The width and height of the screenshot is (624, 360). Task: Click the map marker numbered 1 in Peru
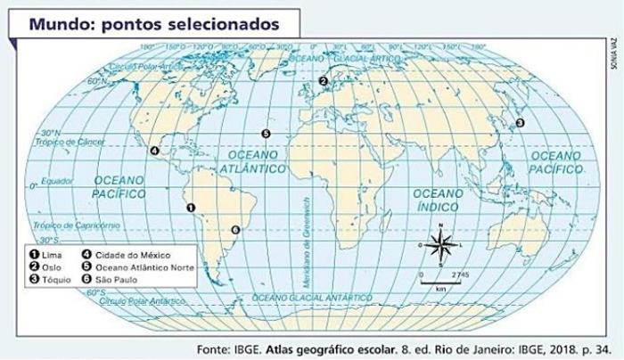pyautogui.click(x=190, y=207)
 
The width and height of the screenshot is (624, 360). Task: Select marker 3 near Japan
pyautogui.click(x=521, y=122)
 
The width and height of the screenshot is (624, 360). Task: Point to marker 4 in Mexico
pyautogui.click(x=155, y=151)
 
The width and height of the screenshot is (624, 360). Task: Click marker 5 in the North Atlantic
pyautogui.click(x=266, y=134)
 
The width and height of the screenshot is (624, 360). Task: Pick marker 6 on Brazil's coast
pyautogui.click(x=235, y=230)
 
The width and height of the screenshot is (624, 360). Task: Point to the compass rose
pyautogui.click(x=440, y=244)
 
